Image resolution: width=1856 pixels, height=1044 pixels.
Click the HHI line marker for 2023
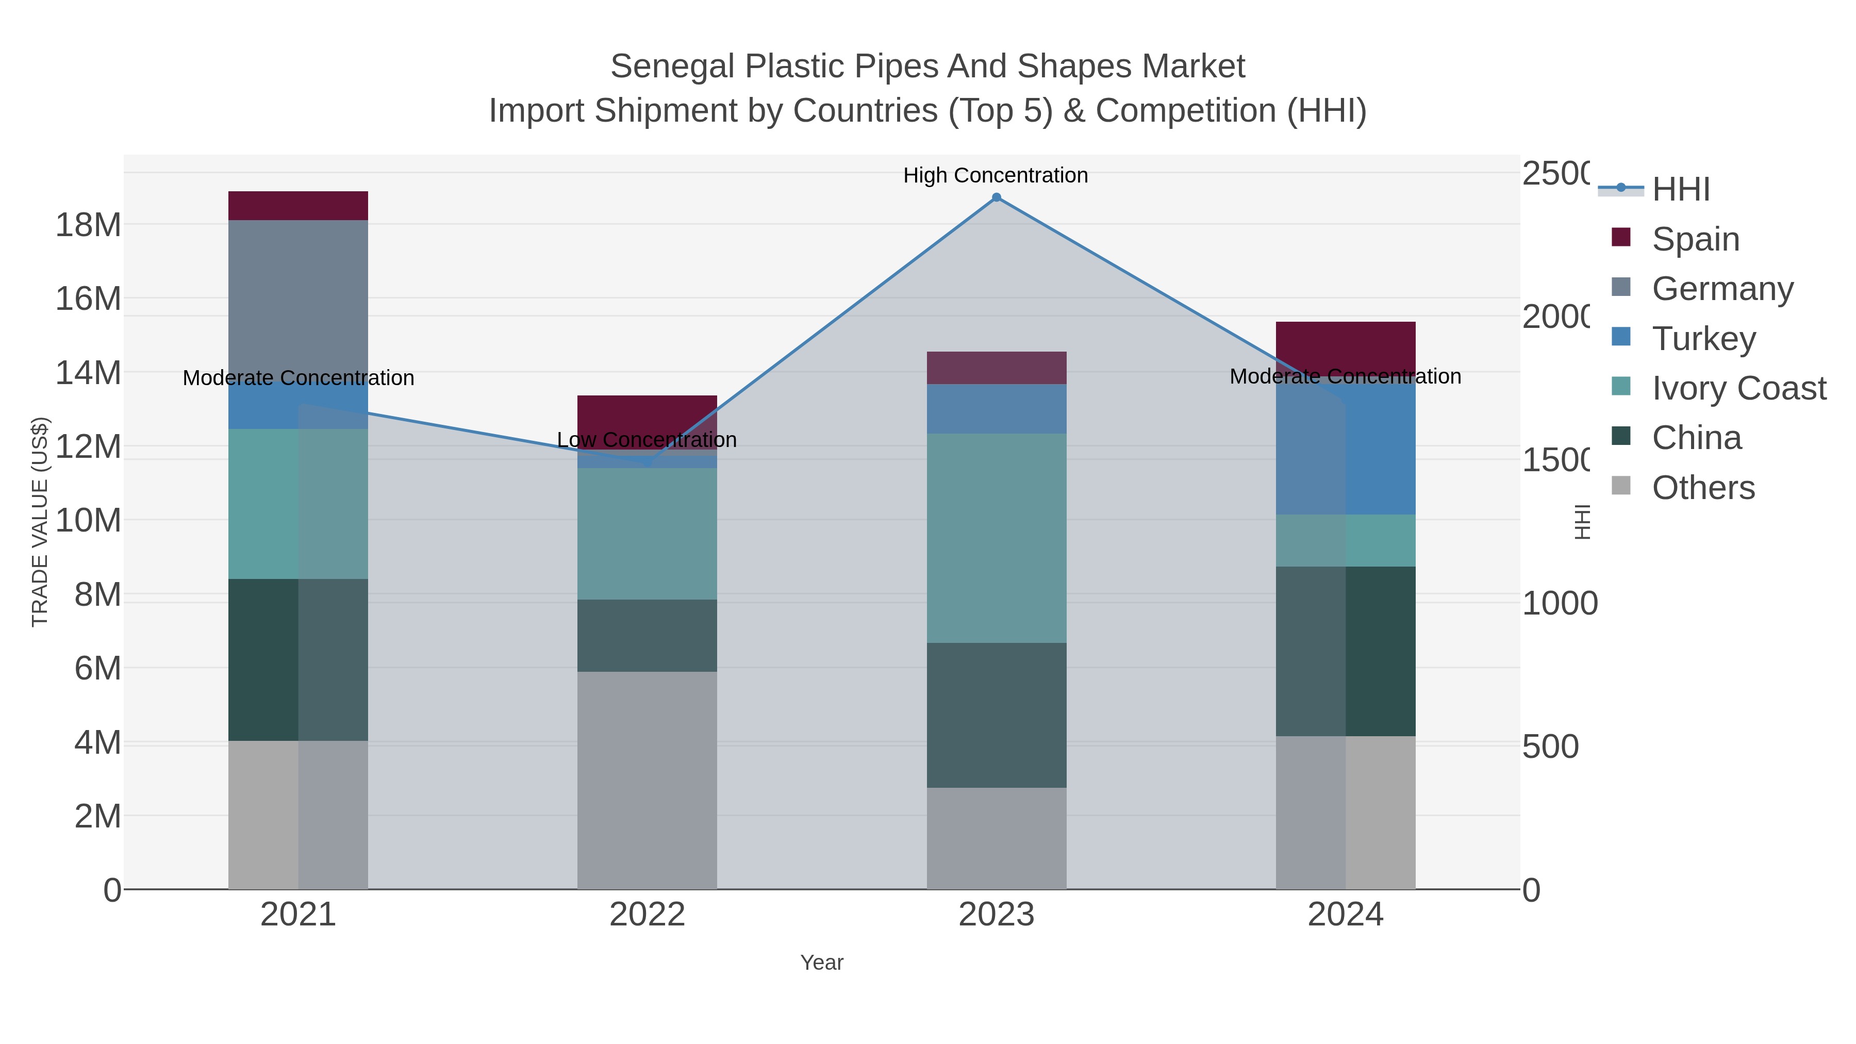coord(997,197)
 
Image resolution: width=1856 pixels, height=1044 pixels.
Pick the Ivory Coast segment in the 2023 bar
coord(997,538)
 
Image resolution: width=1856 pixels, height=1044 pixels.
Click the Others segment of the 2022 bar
coord(647,781)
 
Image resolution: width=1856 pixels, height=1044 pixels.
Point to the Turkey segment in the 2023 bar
coord(997,408)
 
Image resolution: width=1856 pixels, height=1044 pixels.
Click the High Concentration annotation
coord(995,176)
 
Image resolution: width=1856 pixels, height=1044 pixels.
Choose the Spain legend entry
coord(1695,239)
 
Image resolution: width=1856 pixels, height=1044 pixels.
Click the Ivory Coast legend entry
coord(1738,388)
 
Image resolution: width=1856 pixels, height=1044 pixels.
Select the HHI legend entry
coord(1680,190)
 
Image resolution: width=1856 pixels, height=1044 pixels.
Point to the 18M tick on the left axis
coord(88,225)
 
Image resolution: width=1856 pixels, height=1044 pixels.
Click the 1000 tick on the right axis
coord(1559,604)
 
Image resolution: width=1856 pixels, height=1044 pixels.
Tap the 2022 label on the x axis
coord(647,915)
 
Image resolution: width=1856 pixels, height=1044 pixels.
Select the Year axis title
coord(821,963)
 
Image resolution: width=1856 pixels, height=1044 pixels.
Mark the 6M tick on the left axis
coord(97,669)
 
